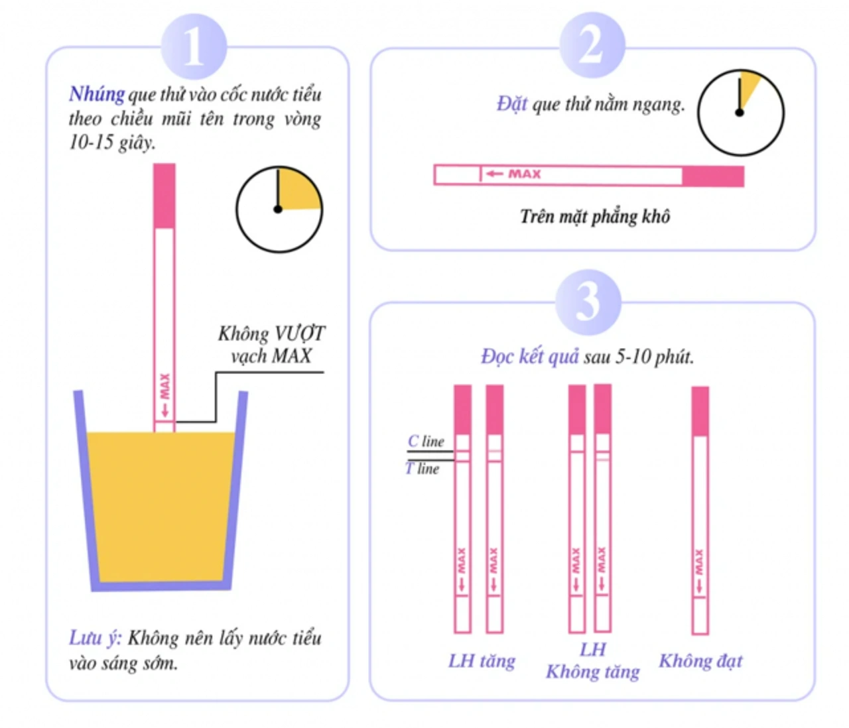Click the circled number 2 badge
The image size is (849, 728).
(591, 45)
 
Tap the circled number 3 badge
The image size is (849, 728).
(588, 302)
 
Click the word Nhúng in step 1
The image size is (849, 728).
(97, 94)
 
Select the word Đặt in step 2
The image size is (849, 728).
(511, 104)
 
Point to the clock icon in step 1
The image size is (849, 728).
(279, 209)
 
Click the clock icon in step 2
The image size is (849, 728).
(740, 113)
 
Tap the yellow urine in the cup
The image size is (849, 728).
(161, 504)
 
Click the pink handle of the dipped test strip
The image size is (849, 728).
(164, 196)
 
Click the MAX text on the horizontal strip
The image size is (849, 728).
(524, 174)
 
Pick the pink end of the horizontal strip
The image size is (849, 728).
(713, 176)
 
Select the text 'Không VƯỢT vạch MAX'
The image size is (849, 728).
(271, 344)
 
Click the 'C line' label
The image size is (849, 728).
(426, 441)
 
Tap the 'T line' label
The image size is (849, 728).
(423, 469)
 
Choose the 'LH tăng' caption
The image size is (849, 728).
(482, 660)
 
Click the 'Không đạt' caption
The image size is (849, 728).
(700, 660)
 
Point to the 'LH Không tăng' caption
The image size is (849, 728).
(592, 660)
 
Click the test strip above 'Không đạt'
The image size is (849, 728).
(700, 511)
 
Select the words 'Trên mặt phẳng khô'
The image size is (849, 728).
(594, 216)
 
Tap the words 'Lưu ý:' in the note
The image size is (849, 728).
(95, 638)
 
